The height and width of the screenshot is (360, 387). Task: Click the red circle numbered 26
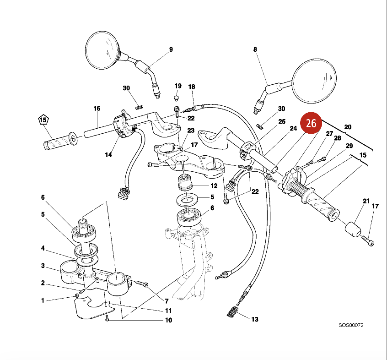[311, 123]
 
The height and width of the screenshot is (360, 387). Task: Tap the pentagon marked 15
[43, 120]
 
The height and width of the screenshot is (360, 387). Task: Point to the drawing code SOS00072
[351, 326]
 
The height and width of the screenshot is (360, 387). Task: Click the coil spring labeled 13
[234, 312]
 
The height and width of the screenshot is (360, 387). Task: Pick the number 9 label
[171, 49]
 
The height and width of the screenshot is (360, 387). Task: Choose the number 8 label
[255, 49]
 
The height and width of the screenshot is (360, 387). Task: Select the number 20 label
[348, 127]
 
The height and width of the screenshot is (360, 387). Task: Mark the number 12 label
[214, 186]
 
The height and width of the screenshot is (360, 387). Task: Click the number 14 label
[108, 155]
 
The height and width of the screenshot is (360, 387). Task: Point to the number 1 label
[43, 300]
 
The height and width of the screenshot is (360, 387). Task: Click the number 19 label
[178, 86]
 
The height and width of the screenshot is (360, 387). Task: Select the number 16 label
[97, 109]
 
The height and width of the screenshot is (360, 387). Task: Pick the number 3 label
[43, 266]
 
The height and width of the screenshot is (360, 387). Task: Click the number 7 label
[167, 301]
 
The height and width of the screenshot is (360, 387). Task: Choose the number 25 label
[282, 121]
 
